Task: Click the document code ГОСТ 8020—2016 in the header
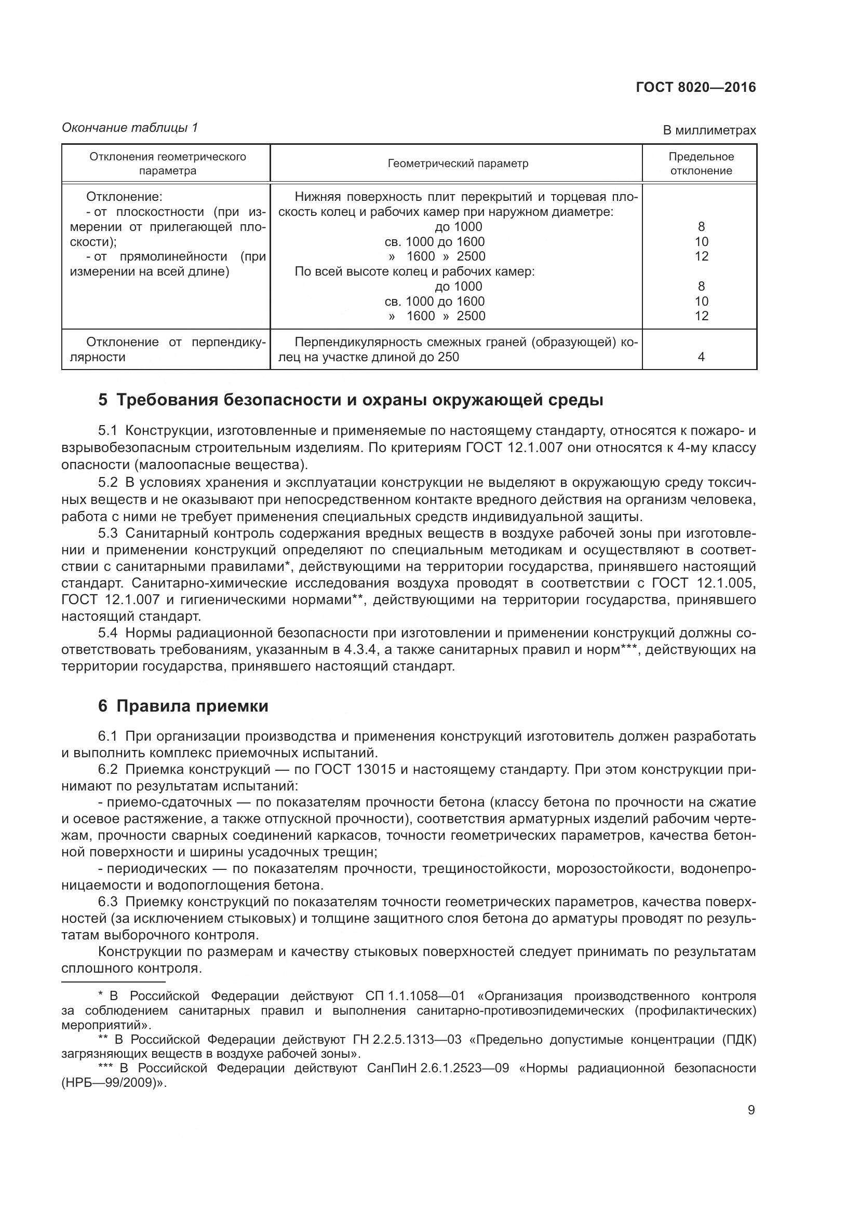click(695, 88)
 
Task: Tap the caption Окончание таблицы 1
click(130, 128)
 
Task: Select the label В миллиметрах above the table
click(709, 130)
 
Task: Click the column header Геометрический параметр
click(458, 164)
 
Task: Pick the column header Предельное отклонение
click(701, 164)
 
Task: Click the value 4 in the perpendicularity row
click(701, 358)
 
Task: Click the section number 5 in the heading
click(103, 400)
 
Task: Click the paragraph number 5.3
click(108, 533)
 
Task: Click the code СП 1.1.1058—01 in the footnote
click(414, 996)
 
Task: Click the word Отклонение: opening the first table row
click(124, 197)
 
